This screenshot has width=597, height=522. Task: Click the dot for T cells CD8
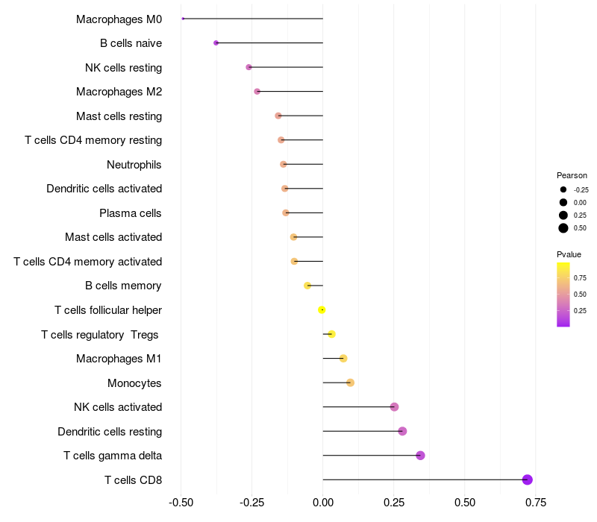[x=528, y=479]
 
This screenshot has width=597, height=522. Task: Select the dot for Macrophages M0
[x=183, y=19]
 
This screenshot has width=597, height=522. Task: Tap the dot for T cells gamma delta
[x=420, y=456]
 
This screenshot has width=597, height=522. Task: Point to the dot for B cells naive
[x=216, y=43]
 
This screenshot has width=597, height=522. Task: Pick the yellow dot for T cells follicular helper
[x=322, y=310]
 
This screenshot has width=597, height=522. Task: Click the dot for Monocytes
[x=350, y=383]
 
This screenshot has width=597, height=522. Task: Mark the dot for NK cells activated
[x=394, y=407]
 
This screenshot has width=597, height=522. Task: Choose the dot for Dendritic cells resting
[x=402, y=431]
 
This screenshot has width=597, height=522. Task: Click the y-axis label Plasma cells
[x=131, y=213]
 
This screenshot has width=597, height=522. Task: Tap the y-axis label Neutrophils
[x=134, y=165]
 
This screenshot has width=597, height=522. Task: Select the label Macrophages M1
[x=119, y=359]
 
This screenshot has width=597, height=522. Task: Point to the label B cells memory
[x=124, y=286]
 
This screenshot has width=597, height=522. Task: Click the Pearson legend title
[x=572, y=175]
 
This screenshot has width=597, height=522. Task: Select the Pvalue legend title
[x=569, y=254]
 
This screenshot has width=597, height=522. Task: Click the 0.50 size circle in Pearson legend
[x=563, y=228]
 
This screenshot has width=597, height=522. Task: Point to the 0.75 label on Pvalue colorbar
[x=580, y=278]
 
